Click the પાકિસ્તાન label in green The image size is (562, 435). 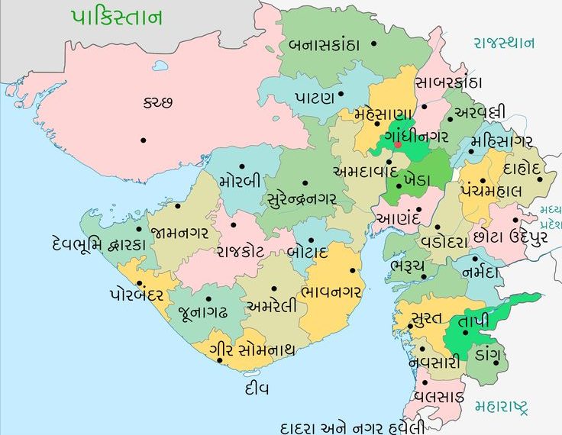point(117,18)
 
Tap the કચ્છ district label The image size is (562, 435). point(158,102)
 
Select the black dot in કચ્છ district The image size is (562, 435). point(143,140)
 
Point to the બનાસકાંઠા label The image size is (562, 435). point(324,44)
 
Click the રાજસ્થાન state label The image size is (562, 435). point(504,43)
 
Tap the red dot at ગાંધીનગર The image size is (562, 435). point(399,144)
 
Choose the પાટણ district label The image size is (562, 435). point(315,98)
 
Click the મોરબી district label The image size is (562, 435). point(239,182)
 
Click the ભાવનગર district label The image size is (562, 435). point(331,291)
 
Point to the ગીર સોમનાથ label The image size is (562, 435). point(251,350)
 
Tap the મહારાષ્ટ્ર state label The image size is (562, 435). point(500,405)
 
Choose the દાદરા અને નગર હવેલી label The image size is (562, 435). point(352,426)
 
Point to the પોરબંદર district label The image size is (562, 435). point(137,294)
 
